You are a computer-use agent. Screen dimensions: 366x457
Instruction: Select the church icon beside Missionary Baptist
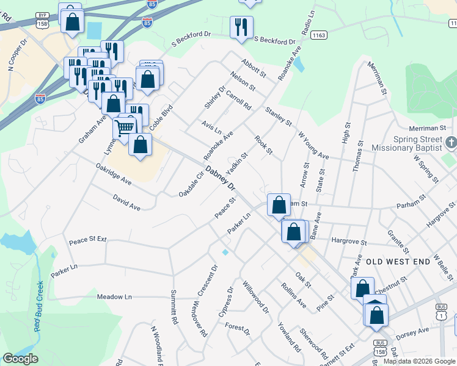[451, 143]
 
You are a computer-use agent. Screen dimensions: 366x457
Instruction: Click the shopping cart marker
[125, 127]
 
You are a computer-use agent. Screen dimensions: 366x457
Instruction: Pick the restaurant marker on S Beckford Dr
[241, 26]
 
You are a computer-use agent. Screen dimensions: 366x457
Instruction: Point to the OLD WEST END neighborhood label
[398, 260]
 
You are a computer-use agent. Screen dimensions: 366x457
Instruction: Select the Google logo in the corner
[20, 359]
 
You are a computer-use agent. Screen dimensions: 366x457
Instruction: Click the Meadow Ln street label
[114, 296]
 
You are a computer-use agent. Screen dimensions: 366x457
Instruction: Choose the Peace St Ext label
[88, 240]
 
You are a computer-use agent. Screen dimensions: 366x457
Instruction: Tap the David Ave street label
[126, 203]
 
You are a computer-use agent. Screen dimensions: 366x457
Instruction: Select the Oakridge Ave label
[114, 173]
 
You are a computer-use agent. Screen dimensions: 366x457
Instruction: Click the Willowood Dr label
[255, 297]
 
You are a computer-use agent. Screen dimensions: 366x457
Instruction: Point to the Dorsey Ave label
[412, 331]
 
